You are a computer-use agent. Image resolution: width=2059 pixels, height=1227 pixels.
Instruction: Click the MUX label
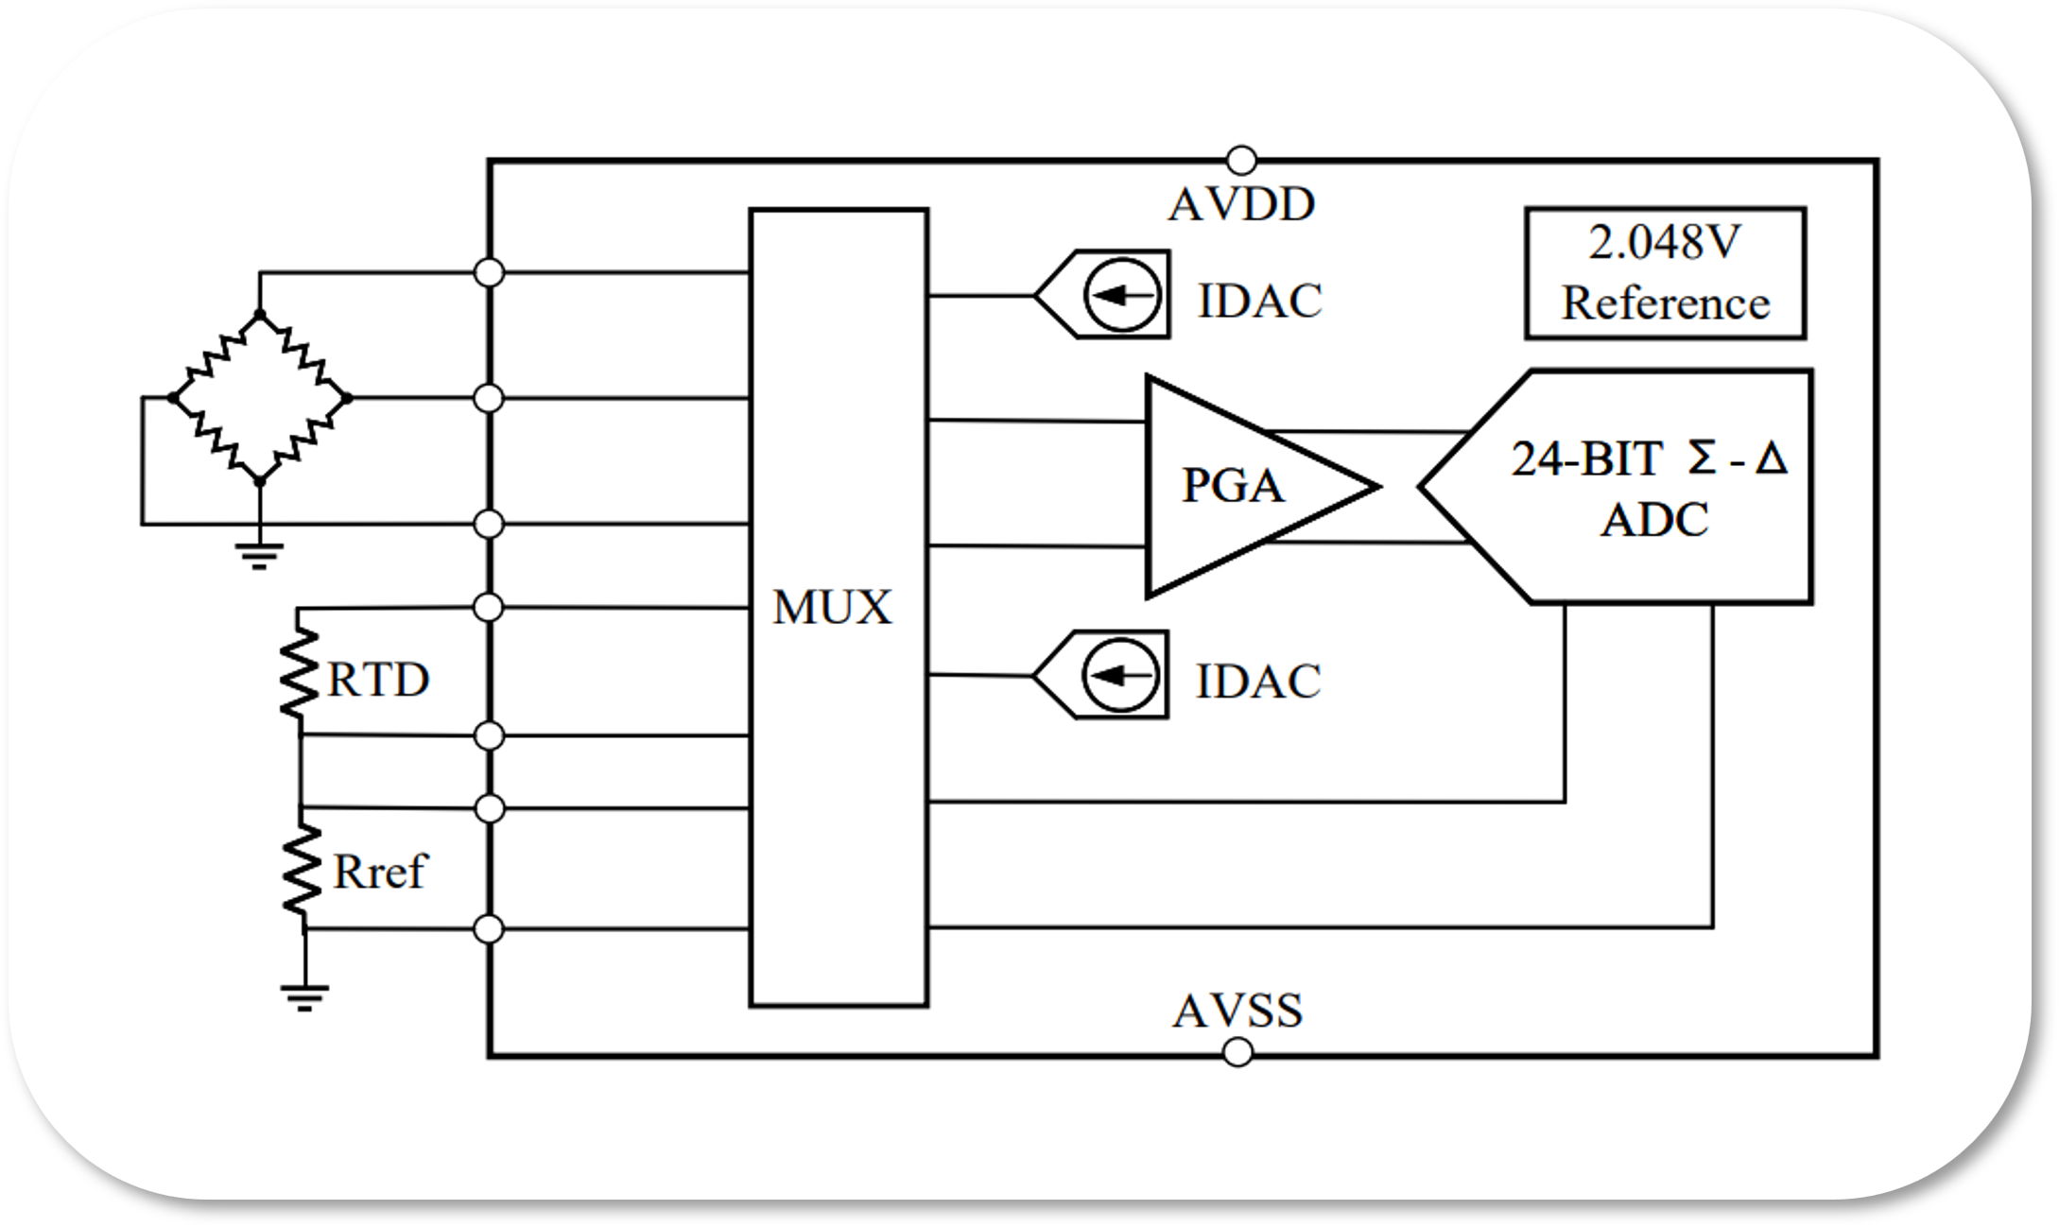(832, 608)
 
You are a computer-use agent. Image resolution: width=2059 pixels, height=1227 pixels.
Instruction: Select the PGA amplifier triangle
(1238, 486)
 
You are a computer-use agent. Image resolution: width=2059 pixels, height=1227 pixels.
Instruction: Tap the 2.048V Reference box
(1665, 273)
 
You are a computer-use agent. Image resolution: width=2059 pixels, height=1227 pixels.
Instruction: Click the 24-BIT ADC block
(1645, 487)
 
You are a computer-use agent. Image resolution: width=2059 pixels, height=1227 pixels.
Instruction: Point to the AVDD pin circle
(1240, 160)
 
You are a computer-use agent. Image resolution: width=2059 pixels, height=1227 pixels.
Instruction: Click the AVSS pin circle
(1237, 1052)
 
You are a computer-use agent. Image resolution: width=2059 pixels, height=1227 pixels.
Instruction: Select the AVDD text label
(1241, 205)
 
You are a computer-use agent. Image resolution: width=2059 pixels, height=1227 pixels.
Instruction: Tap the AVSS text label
(1237, 1011)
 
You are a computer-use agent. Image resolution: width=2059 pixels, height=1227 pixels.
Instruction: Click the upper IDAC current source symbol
(1122, 295)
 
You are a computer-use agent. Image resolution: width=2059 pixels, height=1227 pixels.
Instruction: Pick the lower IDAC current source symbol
(1120, 675)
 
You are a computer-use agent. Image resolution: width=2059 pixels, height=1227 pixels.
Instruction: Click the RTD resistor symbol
(300, 673)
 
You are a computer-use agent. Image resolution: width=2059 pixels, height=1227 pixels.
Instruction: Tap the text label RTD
(378, 680)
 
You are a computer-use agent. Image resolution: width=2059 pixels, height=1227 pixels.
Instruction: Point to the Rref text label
(379, 872)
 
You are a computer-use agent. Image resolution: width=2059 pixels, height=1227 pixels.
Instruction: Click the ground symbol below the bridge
(260, 555)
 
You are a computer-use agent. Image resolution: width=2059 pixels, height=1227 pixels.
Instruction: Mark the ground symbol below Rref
(304, 997)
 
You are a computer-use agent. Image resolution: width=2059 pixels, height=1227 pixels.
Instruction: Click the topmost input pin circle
(489, 272)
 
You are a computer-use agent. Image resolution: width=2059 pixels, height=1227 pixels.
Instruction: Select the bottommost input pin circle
(489, 929)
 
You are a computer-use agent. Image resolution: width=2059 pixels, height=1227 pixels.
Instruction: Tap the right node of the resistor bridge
(346, 398)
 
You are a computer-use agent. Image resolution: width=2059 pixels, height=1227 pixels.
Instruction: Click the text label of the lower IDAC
(1257, 682)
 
